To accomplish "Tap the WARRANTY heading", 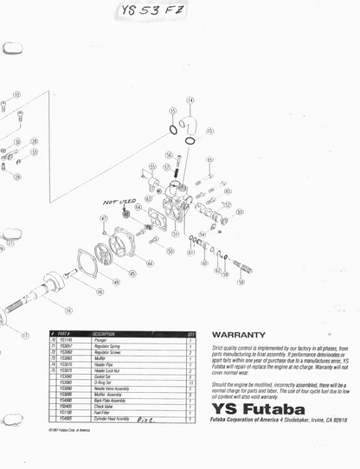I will [237, 333].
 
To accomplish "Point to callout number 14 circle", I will [190, 100].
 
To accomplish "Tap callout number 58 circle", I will [241, 282].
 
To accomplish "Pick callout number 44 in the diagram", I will [150, 263].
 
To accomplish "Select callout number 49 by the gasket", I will [116, 282].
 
